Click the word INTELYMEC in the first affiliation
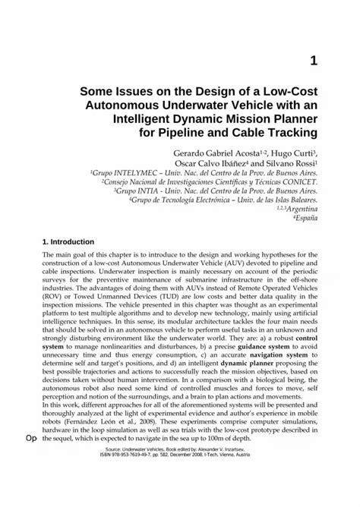(131, 173)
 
